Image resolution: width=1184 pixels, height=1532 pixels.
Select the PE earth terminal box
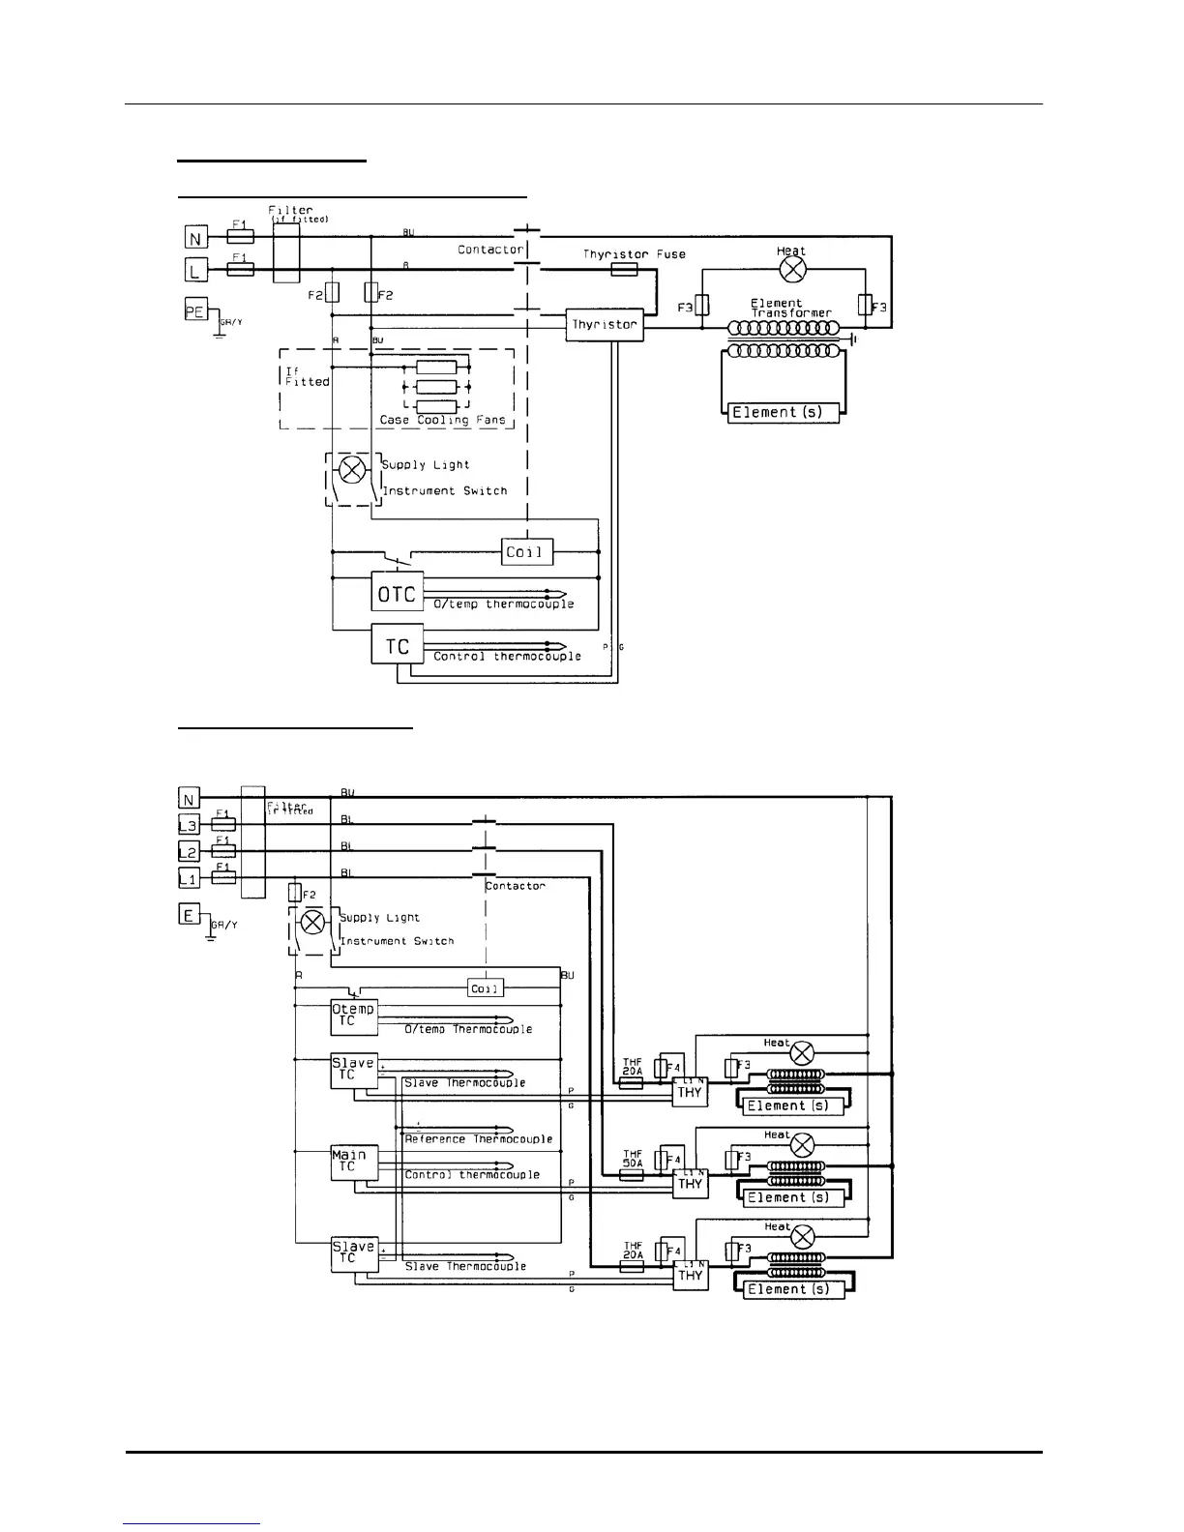point(196,310)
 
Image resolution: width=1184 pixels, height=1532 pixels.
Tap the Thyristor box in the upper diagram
point(605,325)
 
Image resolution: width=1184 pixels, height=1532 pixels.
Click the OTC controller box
point(397,592)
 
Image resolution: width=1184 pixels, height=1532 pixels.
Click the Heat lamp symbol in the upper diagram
point(792,269)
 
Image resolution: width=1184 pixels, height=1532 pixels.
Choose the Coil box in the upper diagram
point(527,552)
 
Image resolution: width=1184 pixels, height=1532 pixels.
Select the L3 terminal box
point(190,825)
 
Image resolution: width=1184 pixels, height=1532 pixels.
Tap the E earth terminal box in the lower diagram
point(190,913)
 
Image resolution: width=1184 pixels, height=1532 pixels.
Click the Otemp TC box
point(353,1016)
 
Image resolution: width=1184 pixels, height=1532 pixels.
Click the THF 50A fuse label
point(633,1159)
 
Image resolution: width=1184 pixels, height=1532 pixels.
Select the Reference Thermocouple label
point(479,1139)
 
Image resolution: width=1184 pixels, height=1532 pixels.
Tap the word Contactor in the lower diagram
point(516,886)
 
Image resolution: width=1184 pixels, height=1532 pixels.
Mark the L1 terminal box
point(190,878)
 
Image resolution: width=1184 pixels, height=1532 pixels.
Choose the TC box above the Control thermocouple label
point(397,645)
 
